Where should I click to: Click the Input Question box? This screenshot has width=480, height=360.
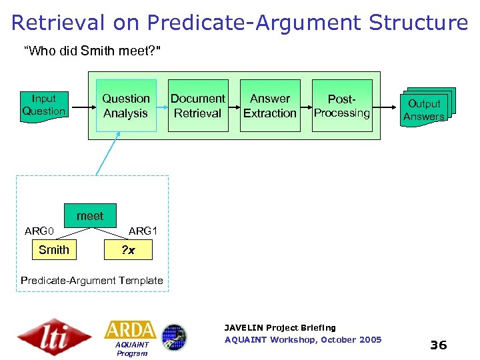coord(44,105)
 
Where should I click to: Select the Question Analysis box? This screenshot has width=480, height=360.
coord(125,106)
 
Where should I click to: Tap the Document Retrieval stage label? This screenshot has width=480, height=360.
coord(197,106)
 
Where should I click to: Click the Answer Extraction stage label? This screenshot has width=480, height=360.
coord(269,106)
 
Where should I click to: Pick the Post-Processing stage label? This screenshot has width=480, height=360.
coord(342,106)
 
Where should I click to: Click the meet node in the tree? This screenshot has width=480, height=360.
coord(90,216)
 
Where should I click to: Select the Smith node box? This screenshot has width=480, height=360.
coord(54,250)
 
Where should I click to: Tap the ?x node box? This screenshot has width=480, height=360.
coord(129,250)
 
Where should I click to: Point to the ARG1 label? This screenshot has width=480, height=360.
coord(143,231)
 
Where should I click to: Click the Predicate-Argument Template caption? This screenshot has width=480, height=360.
coord(92,281)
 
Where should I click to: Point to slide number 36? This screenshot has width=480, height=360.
coord(438,345)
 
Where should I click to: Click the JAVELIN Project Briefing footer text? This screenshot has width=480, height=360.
coord(280,327)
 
